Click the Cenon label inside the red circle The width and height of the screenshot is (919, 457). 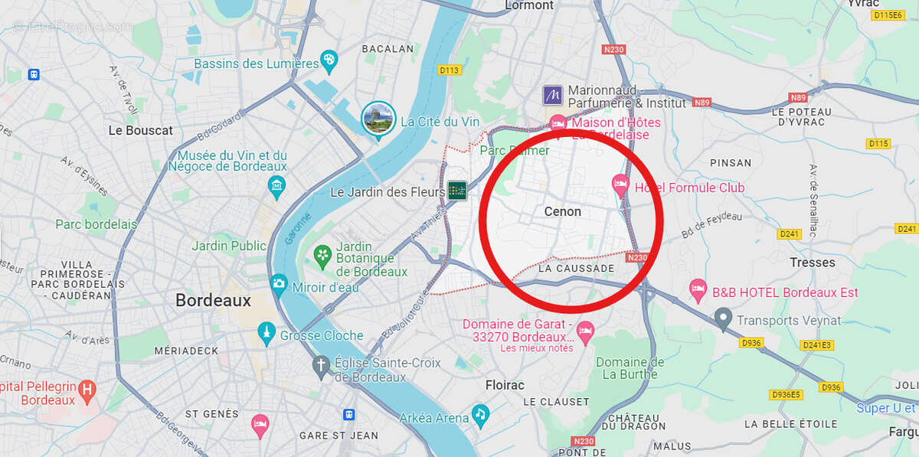(562, 211)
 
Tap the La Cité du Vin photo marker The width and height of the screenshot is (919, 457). (378, 118)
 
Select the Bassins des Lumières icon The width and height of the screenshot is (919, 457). (329, 60)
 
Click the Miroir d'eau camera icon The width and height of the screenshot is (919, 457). (279, 284)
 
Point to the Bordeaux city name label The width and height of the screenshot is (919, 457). (213, 301)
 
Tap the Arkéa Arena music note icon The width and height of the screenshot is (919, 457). (480, 414)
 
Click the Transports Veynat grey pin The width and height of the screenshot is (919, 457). (722, 318)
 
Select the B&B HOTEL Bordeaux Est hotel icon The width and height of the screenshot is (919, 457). (698, 289)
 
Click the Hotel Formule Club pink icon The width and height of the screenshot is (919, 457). (620, 184)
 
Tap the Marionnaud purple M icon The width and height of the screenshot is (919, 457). (553, 96)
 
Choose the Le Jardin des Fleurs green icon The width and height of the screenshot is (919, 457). (457, 190)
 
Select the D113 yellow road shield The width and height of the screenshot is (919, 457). (450, 70)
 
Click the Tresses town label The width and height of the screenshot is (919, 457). (812, 263)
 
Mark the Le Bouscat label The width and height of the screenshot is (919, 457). (141, 130)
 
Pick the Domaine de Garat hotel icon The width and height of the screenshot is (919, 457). (586, 331)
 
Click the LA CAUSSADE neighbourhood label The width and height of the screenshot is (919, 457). (576, 269)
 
